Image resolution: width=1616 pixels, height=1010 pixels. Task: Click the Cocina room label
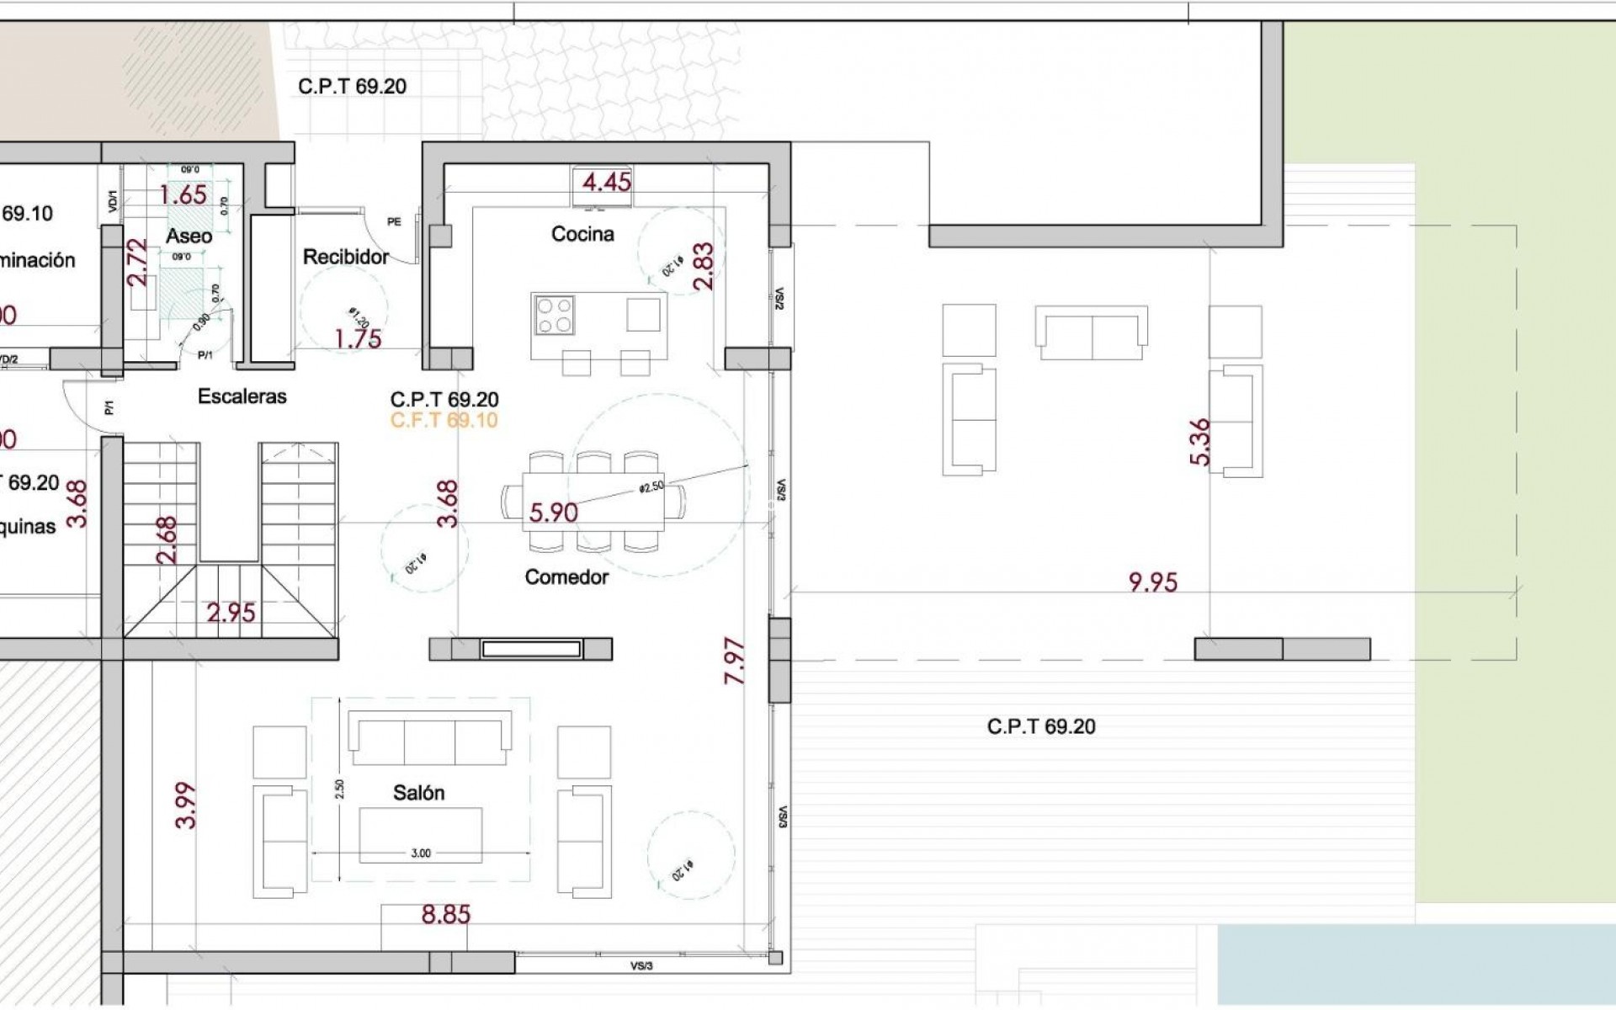pyautogui.click(x=582, y=234)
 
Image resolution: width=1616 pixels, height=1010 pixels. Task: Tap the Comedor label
pyautogui.click(x=566, y=577)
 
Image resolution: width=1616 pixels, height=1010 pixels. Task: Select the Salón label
pyautogui.click(x=418, y=793)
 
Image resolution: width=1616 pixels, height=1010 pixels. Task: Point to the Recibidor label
pyautogui.click(x=346, y=257)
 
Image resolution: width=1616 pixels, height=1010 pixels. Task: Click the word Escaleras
pyautogui.click(x=242, y=396)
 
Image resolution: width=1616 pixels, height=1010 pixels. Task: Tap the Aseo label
pyautogui.click(x=189, y=237)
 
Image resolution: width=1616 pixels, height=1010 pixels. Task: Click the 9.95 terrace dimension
pyautogui.click(x=1152, y=582)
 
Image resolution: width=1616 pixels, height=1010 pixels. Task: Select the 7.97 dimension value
pyautogui.click(x=735, y=661)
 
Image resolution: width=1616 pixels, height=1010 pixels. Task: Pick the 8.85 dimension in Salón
pyautogui.click(x=445, y=915)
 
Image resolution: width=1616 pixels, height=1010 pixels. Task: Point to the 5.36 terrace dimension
pyautogui.click(x=1200, y=442)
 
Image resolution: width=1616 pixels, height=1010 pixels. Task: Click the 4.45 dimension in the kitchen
pyautogui.click(x=607, y=182)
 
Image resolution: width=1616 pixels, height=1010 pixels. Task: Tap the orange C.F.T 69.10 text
pyautogui.click(x=444, y=420)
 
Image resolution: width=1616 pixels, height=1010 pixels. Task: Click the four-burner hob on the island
pyautogui.click(x=555, y=315)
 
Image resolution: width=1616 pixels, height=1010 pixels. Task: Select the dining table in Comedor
pyautogui.click(x=593, y=502)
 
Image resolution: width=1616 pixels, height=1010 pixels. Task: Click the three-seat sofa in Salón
pyautogui.click(x=429, y=738)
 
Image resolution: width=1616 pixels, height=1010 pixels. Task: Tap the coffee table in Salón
pyautogui.click(x=420, y=835)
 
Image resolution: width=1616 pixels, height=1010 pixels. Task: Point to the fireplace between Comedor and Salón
pyautogui.click(x=530, y=649)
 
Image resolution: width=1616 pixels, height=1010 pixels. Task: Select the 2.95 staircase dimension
pyautogui.click(x=231, y=613)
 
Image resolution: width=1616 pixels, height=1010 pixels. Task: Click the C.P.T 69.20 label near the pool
pyautogui.click(x=1041, y=727)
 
